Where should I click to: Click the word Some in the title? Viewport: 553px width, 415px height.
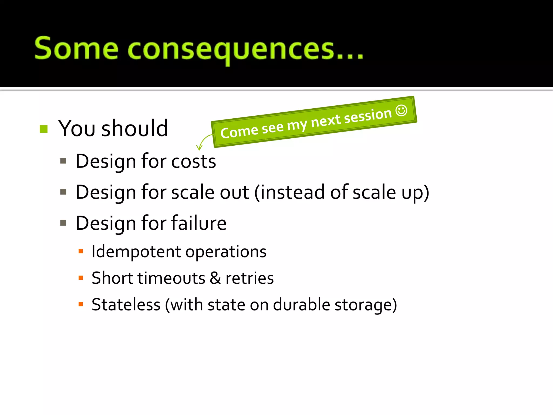coord(76,49)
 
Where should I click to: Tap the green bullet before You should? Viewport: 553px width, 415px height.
coord(43,129)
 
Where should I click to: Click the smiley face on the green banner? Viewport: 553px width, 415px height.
coord(401,111)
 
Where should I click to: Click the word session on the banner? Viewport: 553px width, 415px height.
coord(368,115)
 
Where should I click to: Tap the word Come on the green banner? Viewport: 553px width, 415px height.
coord(239,132)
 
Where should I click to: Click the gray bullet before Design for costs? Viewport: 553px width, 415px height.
coord(63,161)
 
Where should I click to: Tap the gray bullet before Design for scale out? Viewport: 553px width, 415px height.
coord(63,192)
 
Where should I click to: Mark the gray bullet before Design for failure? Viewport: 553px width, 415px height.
coord(63,223)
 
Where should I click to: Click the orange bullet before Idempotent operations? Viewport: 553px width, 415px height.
coord(80,252)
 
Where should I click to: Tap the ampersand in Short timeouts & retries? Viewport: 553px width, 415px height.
coord(215,278)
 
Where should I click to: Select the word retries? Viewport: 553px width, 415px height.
coord(249,278)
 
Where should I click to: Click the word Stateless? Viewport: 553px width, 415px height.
coord(126,305)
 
